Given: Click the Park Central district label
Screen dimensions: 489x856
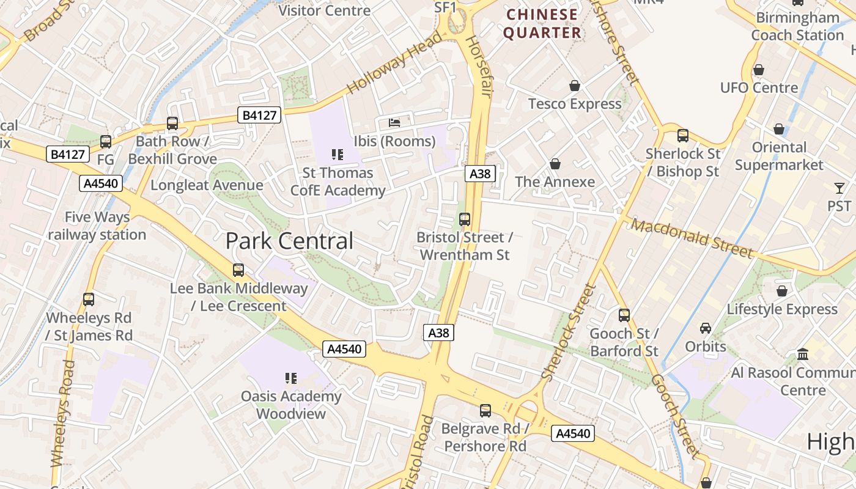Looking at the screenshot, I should coord(289,241).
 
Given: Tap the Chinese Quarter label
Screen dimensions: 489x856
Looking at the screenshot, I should coord(542,23).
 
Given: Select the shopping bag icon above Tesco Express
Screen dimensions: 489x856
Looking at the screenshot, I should coord(574,86).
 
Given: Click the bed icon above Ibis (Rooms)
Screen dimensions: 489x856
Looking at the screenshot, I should coord(394,123).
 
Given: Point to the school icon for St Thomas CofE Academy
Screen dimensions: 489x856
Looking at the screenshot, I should coord(338,155).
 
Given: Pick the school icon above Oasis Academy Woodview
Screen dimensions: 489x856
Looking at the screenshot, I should coord(290,378).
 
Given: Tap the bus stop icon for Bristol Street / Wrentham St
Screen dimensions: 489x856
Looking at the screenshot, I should coord(465,219).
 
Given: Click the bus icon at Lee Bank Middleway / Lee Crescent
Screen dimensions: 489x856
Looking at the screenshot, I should coord(238,270).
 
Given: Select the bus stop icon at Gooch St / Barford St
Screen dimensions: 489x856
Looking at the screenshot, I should coord(624,315).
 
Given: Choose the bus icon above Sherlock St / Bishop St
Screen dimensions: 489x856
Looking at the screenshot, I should coord(682,135).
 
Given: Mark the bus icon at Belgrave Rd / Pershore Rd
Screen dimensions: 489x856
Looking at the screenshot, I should coord(485,410).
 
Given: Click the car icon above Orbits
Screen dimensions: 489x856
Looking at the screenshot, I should coord(706,328).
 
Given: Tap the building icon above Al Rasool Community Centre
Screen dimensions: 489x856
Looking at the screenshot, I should coord(803,354).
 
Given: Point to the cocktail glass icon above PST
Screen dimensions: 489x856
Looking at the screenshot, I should coord(839,188).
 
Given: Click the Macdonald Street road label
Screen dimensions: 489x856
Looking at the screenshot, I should coord(692,238).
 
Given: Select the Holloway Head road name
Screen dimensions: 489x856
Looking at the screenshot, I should coord(395,63).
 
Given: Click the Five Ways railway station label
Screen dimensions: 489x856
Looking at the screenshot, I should coord(97,226).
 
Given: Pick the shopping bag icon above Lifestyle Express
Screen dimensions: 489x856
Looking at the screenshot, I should coord(781,291).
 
